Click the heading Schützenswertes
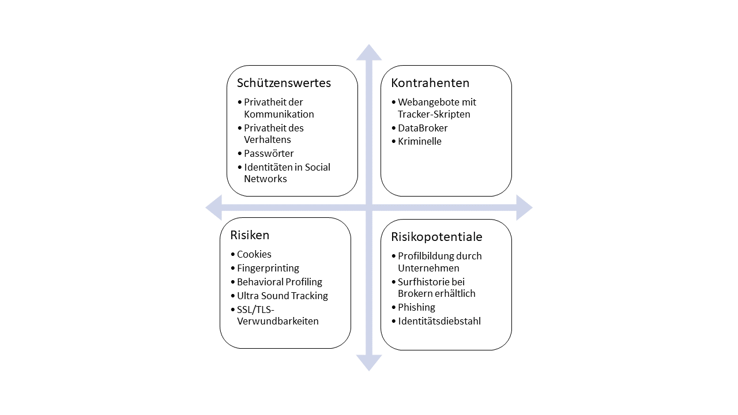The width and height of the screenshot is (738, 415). (284, 83)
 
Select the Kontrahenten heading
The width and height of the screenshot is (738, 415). (430, 83)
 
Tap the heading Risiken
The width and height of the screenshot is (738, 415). (250, 235)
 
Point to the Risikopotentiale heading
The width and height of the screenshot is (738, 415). (436, 237)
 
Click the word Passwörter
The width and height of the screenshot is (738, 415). (269, 153)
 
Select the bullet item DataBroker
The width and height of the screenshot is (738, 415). (423, 128)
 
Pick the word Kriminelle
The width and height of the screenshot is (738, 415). (419, 141)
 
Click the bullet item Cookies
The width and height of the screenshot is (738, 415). (254, 254)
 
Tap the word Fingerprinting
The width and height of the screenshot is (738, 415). (268, 269)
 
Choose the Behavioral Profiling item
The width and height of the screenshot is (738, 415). (280, 282)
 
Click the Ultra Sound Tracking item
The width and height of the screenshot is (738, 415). (283, 296)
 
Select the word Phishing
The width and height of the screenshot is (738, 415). (416, 307)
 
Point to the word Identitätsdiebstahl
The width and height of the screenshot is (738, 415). (439, 321)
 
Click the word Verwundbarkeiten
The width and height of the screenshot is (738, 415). (278, 321)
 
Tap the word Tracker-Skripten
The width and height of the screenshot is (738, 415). (434, 114)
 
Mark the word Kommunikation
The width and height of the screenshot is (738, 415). (279, 114)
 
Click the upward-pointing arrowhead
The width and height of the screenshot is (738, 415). (369, 52)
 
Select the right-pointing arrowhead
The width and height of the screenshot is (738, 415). (525, 207)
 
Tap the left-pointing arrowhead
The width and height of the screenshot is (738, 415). (213, 207)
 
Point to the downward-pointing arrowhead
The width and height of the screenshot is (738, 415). (369, 363)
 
